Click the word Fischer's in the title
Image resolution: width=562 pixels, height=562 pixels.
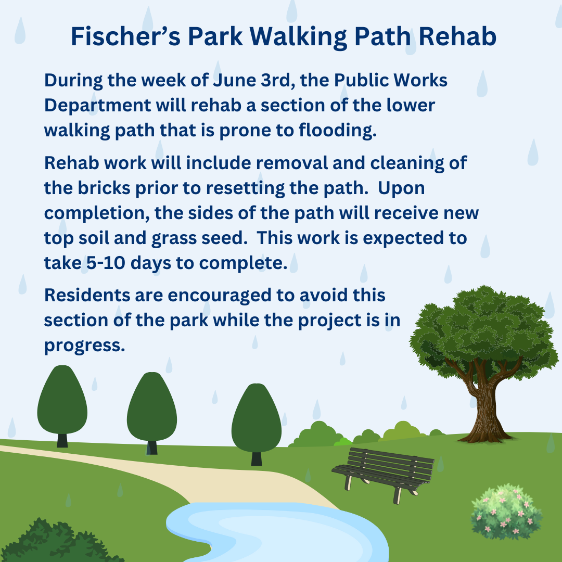tap(125, 36)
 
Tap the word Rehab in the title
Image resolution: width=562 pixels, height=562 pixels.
tap(457, 36)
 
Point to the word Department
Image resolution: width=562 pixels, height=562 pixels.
tap(97, 106)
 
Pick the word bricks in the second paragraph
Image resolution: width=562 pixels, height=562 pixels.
tap(104, 188)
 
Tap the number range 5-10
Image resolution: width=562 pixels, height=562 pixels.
tap(106, 263)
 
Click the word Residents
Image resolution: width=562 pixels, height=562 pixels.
tap(87, 296)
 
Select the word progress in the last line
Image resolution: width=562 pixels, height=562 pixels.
tap(85, 346)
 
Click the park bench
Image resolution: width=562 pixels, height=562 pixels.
tap(383, 473)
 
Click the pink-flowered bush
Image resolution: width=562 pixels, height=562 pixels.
tap(506, 512)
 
